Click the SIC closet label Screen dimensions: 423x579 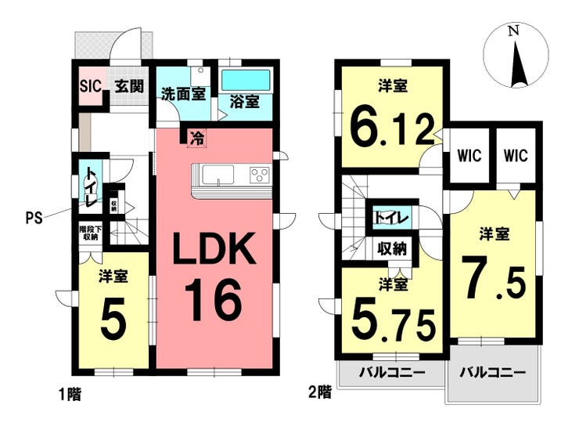(x=90, y=86)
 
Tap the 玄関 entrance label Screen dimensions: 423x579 (x=129, y=86)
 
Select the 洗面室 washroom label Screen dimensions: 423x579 (x=183, y=94)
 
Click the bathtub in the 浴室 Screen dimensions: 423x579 (x=246, y=80)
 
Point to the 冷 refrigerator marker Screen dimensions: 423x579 (x=196, y=139)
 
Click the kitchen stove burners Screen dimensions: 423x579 (x=260, y=175)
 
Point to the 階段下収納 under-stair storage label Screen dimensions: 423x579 (x=89, y=233)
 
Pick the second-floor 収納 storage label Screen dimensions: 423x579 (x=392, y=249)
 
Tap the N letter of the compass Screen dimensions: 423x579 (x=513, y=32)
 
